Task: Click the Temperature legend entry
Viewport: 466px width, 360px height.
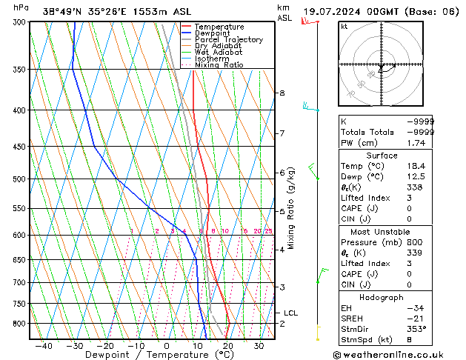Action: [219, 27]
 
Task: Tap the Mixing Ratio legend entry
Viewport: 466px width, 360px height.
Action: [219, 65]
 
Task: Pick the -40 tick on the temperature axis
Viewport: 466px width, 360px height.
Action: [43, 346]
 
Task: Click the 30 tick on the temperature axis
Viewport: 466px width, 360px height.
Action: [259, 346]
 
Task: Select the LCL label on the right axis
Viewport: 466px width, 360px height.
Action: [290, 313]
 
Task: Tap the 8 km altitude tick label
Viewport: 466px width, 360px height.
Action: [282, 93]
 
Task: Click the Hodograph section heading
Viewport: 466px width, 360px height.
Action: [382, 297]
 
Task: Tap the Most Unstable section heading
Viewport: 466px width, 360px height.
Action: [382, 232]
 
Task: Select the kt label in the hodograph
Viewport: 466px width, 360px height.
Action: [344, 27]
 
